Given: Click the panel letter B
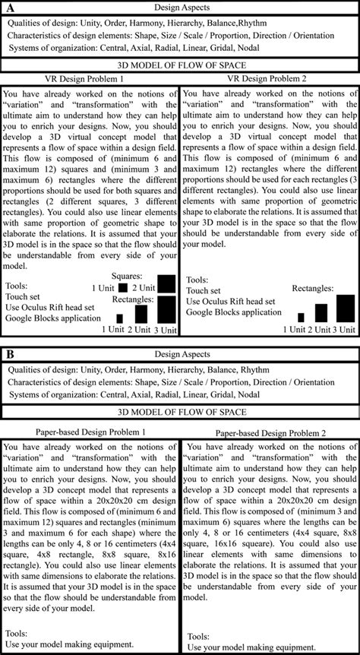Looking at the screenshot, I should [x=10, y=355].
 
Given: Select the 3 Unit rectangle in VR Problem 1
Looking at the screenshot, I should [x=166, y=309].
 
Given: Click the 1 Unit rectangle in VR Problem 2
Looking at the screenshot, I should [x=301, y=317].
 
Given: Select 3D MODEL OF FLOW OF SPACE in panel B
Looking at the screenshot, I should [x=180, y=412].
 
